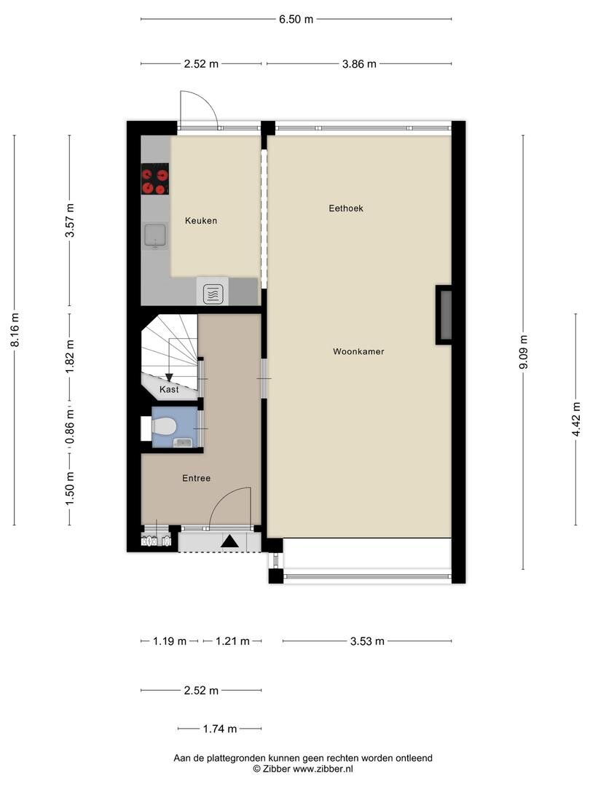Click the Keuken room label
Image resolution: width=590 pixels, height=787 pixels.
tap(201, 220)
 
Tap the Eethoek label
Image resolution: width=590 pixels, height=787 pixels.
tap(346, 208)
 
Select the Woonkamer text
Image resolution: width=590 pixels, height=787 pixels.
tap(358, 351)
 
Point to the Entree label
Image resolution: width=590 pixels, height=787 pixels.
tap(196, 478)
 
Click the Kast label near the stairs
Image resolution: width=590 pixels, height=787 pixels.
tap(169, 389)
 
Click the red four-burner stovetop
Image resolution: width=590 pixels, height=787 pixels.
tap(154, 179)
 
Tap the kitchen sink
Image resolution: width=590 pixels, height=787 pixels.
tap(155, 236)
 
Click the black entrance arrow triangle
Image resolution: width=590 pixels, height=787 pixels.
tap(230, 541)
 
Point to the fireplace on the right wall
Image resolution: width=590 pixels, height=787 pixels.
tap(444, 315)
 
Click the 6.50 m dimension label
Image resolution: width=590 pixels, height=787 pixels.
tap(296, 19)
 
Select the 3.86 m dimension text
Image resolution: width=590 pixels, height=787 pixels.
tap(359, 63)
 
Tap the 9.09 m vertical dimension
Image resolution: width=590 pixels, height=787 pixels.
tap(523, 352)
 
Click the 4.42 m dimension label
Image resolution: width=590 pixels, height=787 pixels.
tap(576, 418)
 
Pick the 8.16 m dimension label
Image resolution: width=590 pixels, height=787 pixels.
tap(15, 329)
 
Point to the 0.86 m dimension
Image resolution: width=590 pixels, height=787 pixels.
tap(70, 426)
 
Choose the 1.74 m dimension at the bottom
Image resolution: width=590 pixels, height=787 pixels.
tap(220, 729)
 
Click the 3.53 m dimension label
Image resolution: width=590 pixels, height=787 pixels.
tap(367, 641)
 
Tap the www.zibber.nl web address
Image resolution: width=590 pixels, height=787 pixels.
tap(323, 769)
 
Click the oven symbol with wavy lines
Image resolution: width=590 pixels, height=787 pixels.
tap(213, 294)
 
